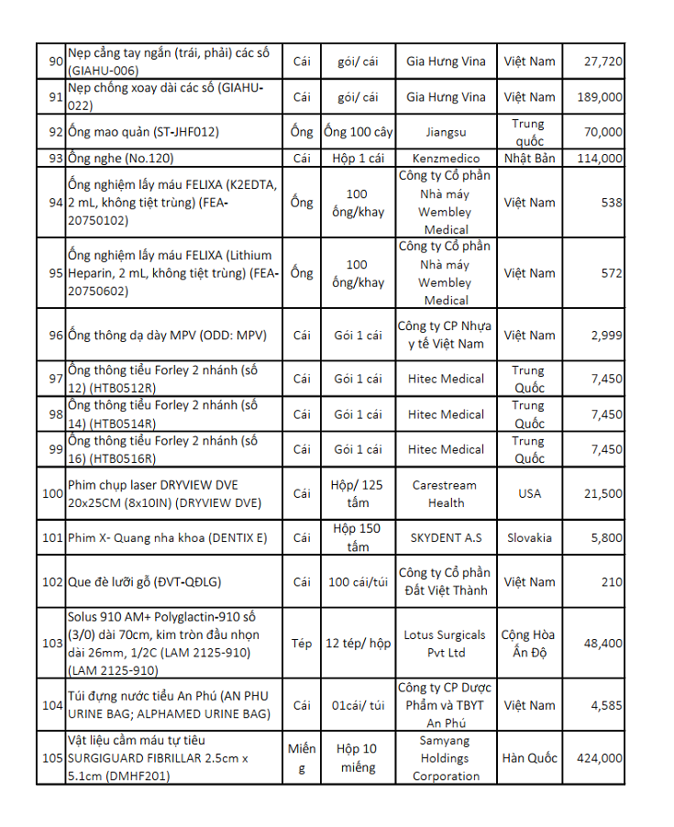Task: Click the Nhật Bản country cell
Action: [529, 159]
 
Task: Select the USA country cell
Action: [529, 493]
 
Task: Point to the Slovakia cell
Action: [529, 537]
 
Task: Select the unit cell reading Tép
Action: [302, 644]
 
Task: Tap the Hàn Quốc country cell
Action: [529, 758]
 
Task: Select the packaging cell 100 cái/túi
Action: [358, 582]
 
